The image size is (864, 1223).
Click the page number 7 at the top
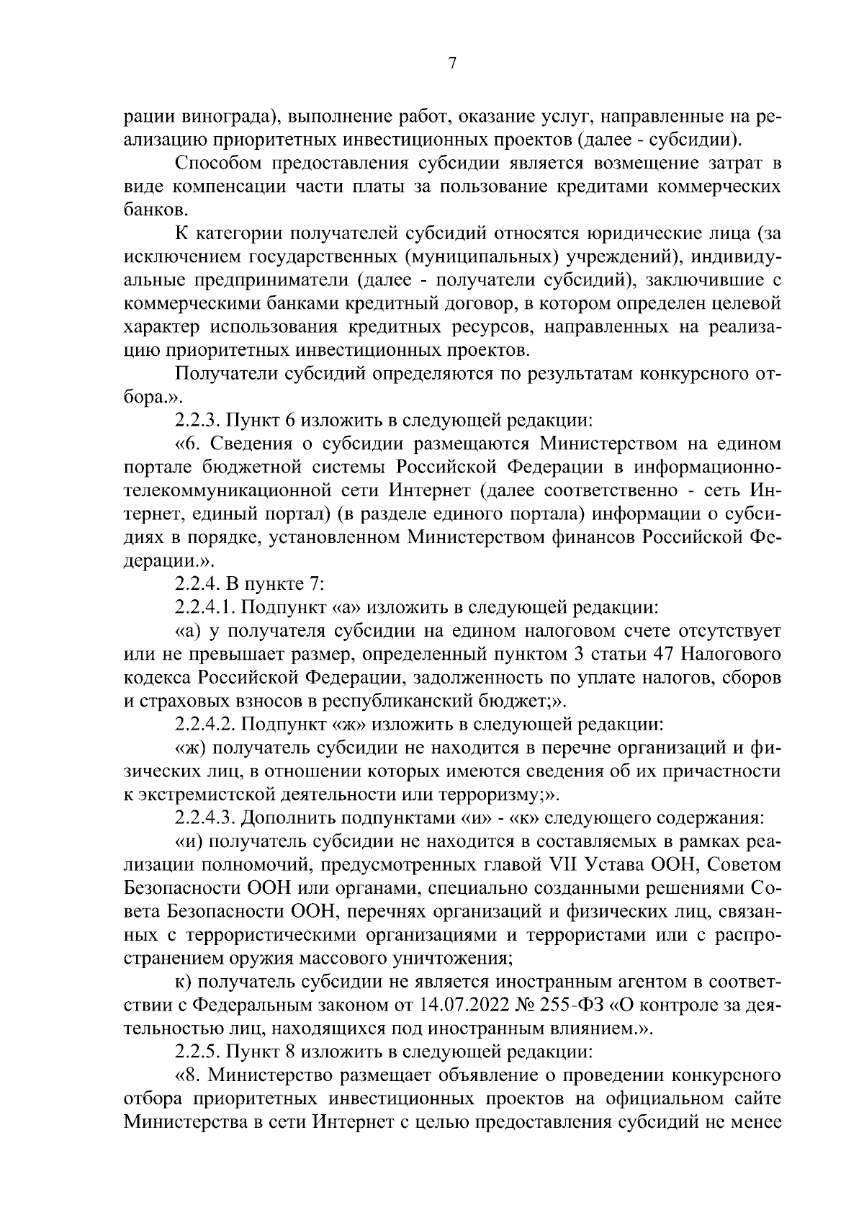[451, 64]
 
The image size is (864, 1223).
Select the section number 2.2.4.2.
[210, 722]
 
